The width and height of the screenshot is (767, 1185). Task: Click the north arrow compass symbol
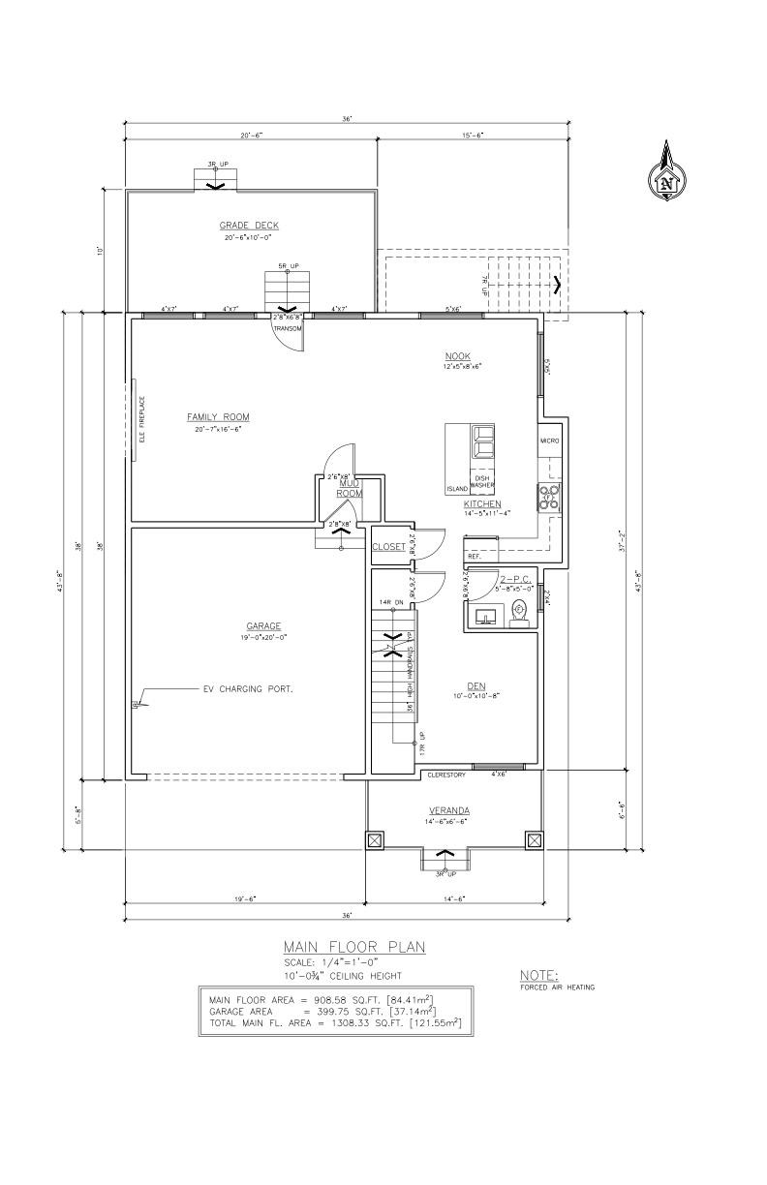pos(666,174)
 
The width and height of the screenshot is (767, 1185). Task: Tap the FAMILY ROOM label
pos(218,417)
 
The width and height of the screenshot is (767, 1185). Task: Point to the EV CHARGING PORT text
pos(247,689)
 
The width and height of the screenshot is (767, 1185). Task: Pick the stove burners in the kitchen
pos(549,497)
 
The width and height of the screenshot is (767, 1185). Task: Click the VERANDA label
pos(449,810)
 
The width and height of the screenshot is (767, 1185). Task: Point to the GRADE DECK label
pos(250,225)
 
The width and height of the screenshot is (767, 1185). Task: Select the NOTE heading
pos(539,975)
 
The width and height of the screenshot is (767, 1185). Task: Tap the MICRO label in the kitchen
pos(549,441)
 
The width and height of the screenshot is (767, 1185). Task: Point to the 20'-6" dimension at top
pos(252,136)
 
